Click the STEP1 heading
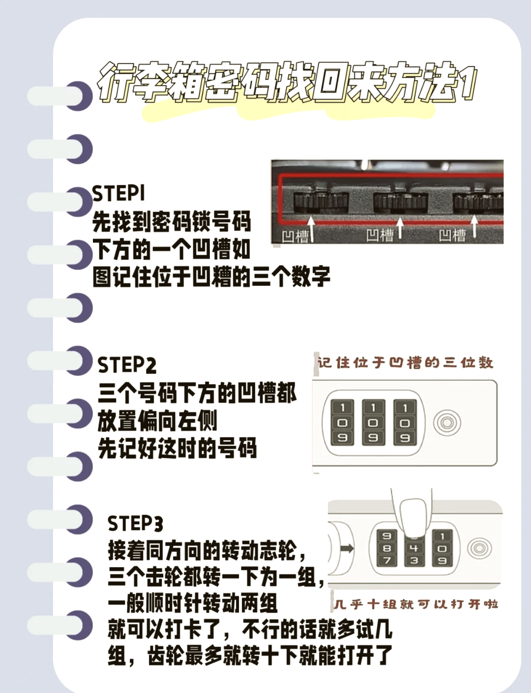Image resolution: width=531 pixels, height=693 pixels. [118, 193]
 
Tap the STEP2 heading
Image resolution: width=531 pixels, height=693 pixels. [127, 365]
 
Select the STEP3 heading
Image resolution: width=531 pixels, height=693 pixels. [135, 523]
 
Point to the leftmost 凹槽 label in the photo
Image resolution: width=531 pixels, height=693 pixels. [295, 237]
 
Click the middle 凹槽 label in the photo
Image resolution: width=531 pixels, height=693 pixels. [380, 235]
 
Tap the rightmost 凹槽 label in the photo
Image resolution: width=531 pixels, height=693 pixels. [452, 235]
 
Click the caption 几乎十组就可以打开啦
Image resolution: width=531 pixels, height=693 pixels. [415, 603]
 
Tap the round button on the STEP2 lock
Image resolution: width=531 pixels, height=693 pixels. [447, 422]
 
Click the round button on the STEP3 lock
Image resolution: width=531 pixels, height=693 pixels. [479, 547]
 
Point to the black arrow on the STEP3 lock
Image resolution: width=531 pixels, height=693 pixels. [347, 548]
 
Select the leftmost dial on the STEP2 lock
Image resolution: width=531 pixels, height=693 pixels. [342, 422]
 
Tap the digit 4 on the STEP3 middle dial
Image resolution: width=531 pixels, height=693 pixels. [414, 548]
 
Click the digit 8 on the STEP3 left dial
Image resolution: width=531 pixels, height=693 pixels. [387, 548]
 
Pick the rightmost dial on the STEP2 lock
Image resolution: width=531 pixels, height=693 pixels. [405, 422]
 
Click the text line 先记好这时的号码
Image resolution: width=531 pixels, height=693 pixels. [177, 449]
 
